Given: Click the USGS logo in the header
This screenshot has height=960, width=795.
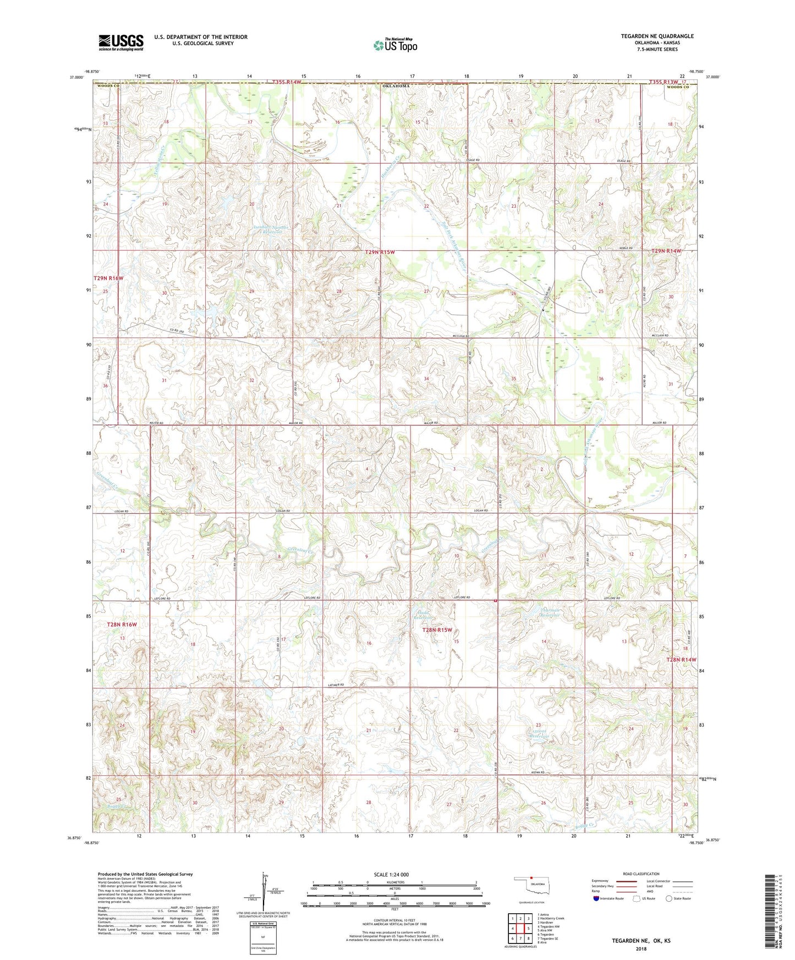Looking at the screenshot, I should tap(121, 42).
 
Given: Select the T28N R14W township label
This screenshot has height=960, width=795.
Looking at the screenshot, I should tap(681, 659).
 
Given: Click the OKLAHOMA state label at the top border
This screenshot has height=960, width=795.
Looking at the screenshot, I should tap(395, 86).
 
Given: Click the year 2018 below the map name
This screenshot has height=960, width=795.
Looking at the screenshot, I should tap(640, 948).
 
